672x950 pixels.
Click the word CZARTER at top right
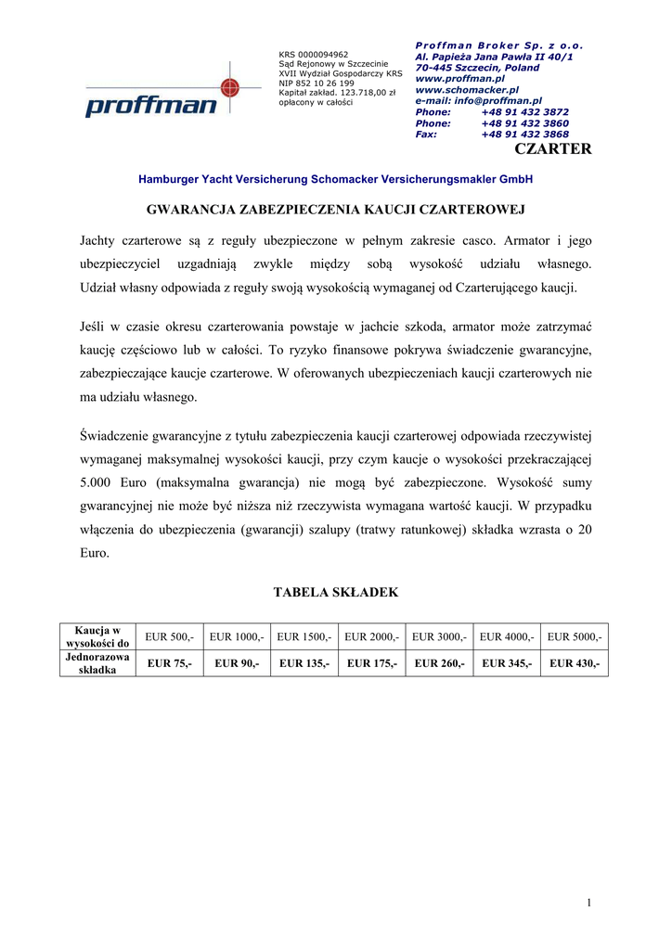[x=552, y=148]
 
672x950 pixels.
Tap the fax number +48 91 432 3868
[x=524, y=135]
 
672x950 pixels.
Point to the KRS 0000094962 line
[x=314, y=55]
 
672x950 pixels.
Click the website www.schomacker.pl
[x=467, y=90]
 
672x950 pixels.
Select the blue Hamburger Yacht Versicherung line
[x=335, y=178]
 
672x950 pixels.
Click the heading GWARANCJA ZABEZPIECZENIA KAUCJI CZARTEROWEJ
[x=336, y=211]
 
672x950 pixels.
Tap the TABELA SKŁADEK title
[x=335, y=592]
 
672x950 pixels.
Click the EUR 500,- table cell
[x=169, y=636]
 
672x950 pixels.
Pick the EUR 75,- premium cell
[x=169, y=663]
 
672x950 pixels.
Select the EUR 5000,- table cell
[x=574, y=636]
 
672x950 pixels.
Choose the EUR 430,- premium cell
[x=574, y=663]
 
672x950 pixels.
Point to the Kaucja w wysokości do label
[x=97, y=636]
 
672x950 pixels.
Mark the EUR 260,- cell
[x=439, y=663]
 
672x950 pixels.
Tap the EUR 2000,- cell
[x=371, y=636]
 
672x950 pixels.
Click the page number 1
[x=588, y=903]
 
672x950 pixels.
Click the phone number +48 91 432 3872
[x=524, y=111]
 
